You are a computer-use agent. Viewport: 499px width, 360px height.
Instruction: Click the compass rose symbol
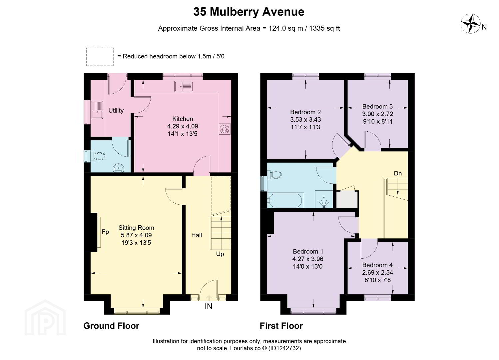point(470,24)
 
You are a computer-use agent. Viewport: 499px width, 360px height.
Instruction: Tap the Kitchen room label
point(183,119)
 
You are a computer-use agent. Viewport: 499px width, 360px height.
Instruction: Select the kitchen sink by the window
point(183,87)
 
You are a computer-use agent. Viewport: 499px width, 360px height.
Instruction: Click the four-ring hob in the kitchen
point(225,129)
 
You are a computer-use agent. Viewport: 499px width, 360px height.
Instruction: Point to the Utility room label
point(116,111)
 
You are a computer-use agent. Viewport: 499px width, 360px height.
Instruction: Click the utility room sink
point(97,110)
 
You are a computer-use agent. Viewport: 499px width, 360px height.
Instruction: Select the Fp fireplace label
point(105,232)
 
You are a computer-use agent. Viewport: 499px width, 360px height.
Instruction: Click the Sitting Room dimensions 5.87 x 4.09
point(136,235)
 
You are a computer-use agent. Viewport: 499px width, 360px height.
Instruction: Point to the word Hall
point(197,235)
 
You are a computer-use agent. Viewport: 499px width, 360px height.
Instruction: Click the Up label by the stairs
point(220,254)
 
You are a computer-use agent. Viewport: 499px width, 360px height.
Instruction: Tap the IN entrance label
point(209,307)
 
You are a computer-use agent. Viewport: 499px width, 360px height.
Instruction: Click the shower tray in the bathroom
point(324,199)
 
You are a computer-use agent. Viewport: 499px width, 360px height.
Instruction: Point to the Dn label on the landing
point(398,173)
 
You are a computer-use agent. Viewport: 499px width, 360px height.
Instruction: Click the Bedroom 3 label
point(377,106)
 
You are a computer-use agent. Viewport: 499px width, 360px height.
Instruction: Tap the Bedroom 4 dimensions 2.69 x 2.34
point(377,272)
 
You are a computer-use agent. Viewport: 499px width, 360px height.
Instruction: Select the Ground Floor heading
point(111,326)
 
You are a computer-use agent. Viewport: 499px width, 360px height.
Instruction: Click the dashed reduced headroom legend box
point(100,57)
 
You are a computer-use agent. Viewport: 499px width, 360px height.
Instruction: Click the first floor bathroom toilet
point(275,175)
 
